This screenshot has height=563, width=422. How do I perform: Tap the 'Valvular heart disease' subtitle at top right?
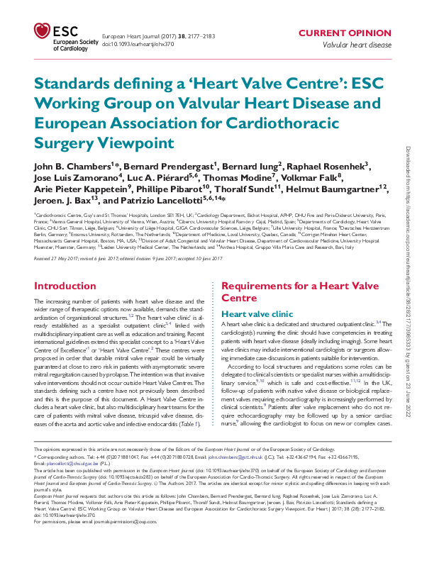point(357,44)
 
